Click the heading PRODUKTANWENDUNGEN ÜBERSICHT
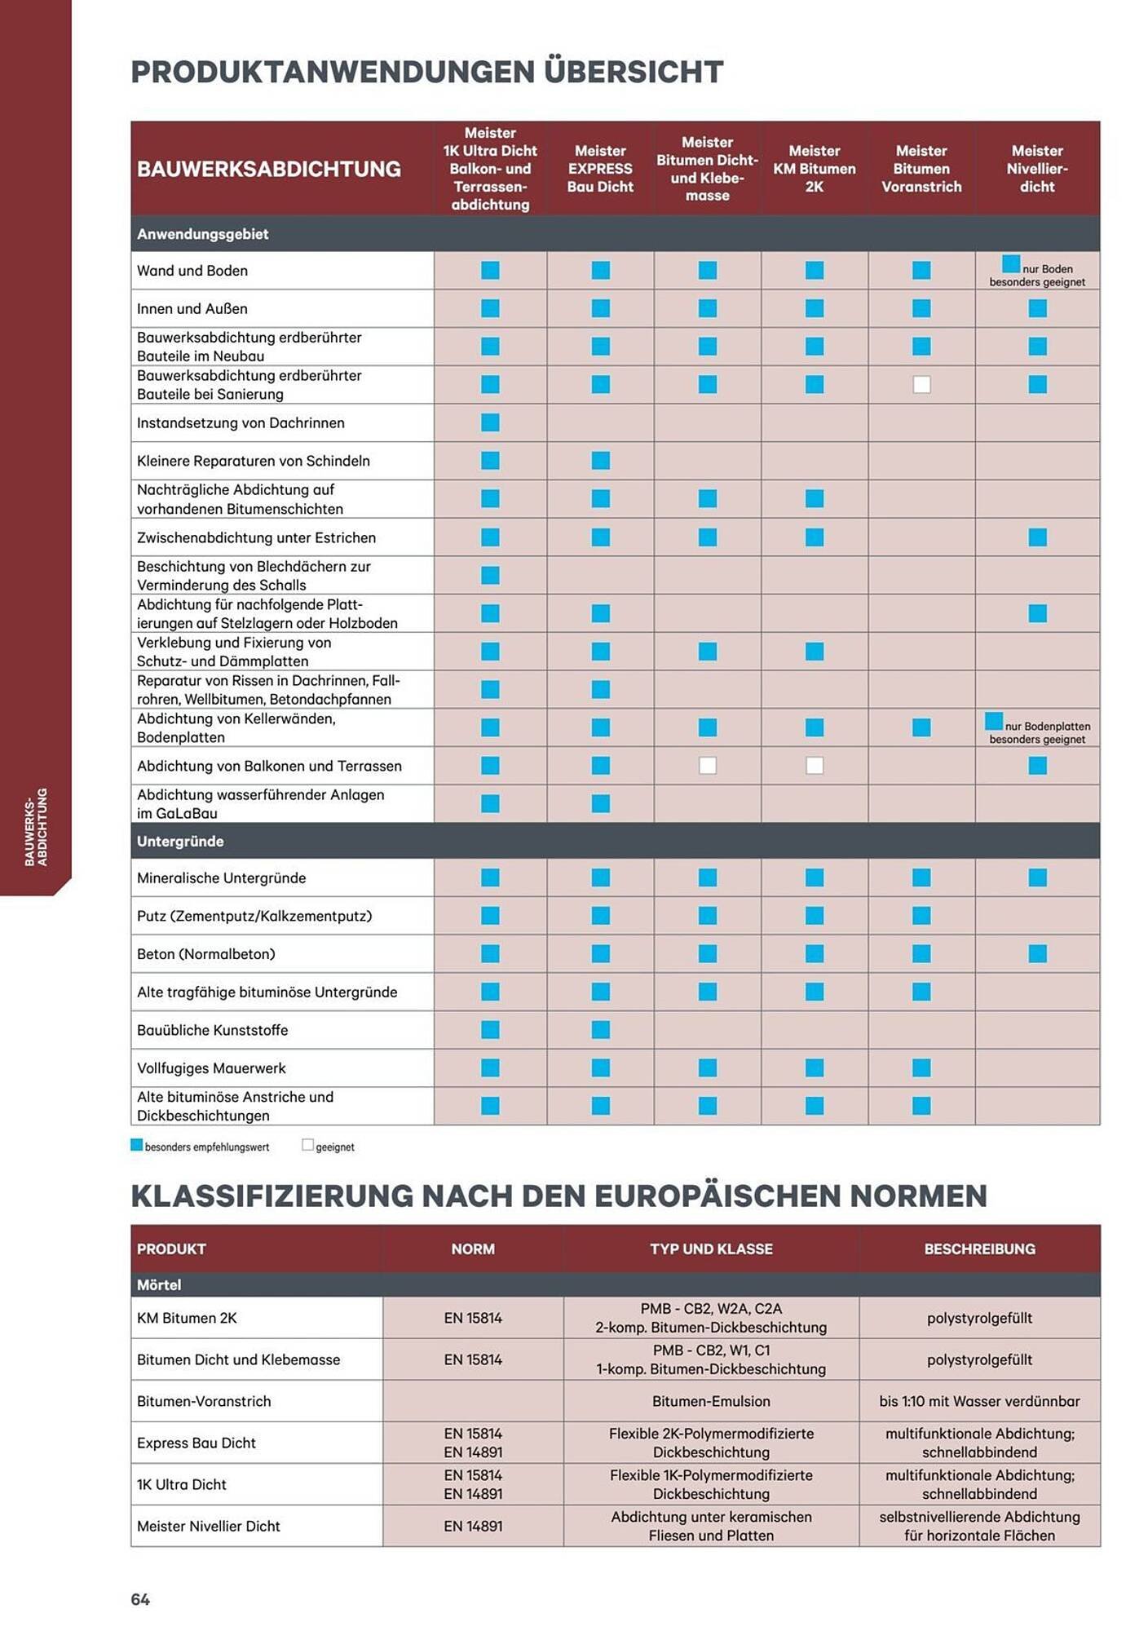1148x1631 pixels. click(426, 72)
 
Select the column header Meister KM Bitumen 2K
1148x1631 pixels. click(814, 169)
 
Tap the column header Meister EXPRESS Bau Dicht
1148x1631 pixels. click(600, 169)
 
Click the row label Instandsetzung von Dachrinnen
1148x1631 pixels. click(241, 423)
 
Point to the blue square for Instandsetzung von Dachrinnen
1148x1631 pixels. click(490, 422)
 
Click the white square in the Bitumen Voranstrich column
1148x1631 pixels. click(921, 384)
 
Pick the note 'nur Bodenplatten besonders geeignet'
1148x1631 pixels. click(1037, 732)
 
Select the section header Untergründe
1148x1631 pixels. click(180, 842)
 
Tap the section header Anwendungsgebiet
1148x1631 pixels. click(202, 234)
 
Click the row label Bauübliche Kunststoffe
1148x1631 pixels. click(212, 1030)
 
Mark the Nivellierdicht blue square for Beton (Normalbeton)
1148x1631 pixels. click(1037, 953)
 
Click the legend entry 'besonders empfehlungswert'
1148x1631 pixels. click(206, 1147)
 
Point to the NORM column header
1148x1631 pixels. click(473, 1249)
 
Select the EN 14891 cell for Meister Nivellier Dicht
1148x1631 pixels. click(473, 1526)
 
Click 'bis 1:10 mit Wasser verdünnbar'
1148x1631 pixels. click(979, 1401)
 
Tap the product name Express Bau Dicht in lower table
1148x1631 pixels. click(196, 1443)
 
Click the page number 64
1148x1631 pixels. click(140, 1599)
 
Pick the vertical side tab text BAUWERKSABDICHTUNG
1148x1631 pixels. click(36, 827)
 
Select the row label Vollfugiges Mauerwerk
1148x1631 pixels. click(211, 1068)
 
